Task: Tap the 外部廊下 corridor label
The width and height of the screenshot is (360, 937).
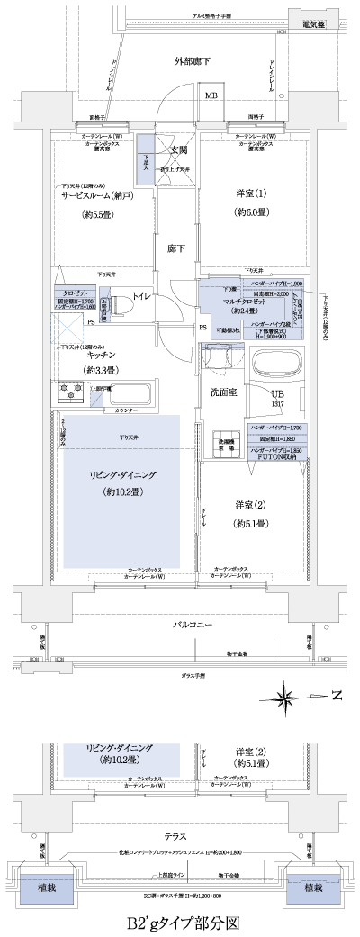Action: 193,60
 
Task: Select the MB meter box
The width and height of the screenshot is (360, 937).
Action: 211,95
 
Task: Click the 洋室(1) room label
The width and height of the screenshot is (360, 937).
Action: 251,194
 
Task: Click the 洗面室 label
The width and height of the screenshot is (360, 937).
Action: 222,392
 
